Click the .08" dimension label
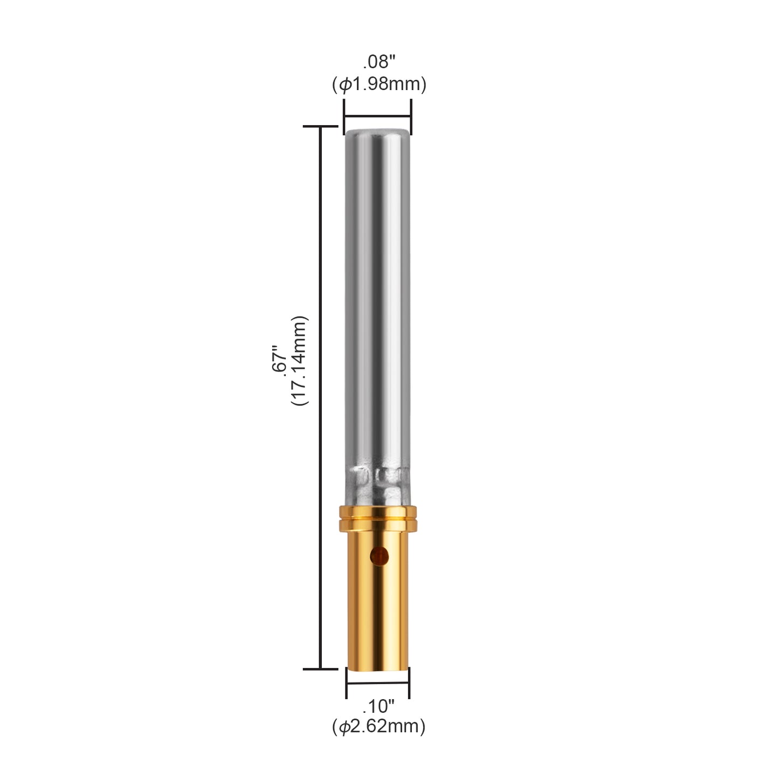[378, 63]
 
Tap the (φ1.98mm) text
[379, 85]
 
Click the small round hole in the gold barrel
[380, 556]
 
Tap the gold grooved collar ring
[377, 518]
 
